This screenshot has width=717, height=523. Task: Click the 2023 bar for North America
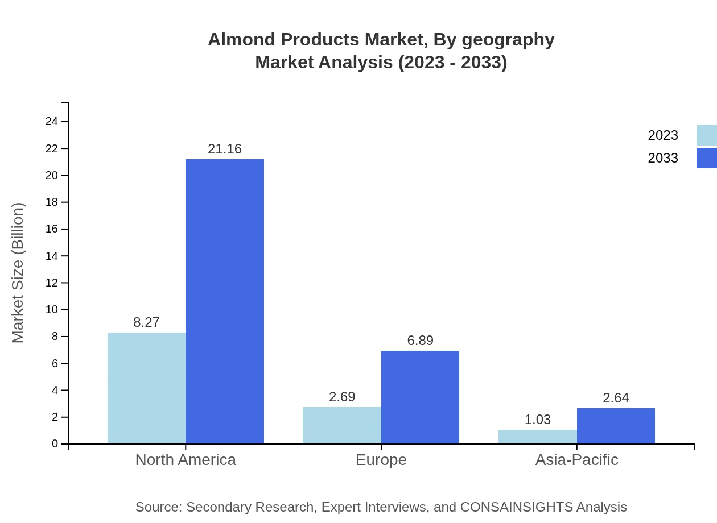click(x=146, y=388)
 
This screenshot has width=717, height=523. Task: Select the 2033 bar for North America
click(x=225, y=301)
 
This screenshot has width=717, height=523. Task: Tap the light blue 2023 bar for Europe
click(x=341, y=425)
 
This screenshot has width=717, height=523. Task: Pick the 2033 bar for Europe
click(x=420, y=397)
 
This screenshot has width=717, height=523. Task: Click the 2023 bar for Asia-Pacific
click(x=537, y=437)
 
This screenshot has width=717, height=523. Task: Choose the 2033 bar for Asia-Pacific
click(x=616, y=426)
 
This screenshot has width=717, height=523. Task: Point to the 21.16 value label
click(x=225, y=149)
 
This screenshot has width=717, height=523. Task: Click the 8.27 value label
click(x=146, y=322)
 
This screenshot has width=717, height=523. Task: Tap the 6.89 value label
click(x=420, y=341)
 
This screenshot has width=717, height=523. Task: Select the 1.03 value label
click(x=537, y=420)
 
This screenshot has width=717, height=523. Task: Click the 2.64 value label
click(x=616, y=398)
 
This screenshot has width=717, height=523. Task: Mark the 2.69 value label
click(x=341, y=397)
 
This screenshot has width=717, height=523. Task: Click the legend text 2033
click(x=663, y=158)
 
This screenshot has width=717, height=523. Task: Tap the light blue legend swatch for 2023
click(x=706, y=135)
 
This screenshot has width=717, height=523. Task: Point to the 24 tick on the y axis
click(x=52, y=121)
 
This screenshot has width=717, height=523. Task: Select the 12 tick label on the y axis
click(x=52, y=283)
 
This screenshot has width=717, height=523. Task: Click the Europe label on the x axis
click(x=381, y=459)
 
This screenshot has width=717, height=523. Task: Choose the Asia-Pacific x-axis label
click(x=576, y=459)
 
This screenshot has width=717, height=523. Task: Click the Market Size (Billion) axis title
click(x=18, y=273)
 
